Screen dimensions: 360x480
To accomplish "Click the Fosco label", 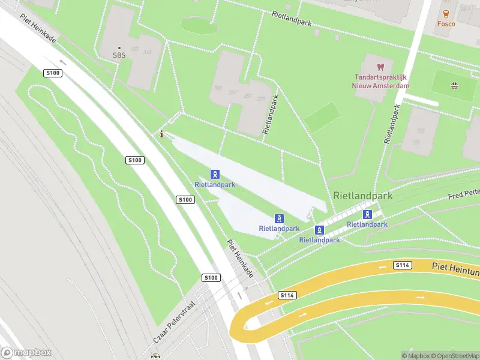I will tap(446, 24).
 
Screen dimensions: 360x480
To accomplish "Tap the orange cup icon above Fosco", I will tap(446, 13).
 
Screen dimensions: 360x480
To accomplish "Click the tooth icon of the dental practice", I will tap(380, 66).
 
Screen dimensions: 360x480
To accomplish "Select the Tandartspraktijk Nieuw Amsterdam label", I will tap(380, 82).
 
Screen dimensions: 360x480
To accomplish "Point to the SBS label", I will tap(119, 55).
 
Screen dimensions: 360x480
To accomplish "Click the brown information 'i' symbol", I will tap(161, 134).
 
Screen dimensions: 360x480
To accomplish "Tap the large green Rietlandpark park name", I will tap(362, 196).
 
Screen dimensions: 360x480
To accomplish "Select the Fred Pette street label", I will tap(464, 193).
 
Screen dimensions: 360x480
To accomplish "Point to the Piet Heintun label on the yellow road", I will tap(455, 266).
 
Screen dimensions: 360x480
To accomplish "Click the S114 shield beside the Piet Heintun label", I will tap(402, 265).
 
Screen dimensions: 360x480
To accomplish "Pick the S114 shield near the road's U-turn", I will tap(287, 295).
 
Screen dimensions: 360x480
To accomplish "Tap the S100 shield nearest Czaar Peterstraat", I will tap(211, 278).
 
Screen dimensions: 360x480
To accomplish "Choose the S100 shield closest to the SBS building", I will tap(53, 73).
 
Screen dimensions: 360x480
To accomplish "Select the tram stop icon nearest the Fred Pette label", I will tap(367, 214).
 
